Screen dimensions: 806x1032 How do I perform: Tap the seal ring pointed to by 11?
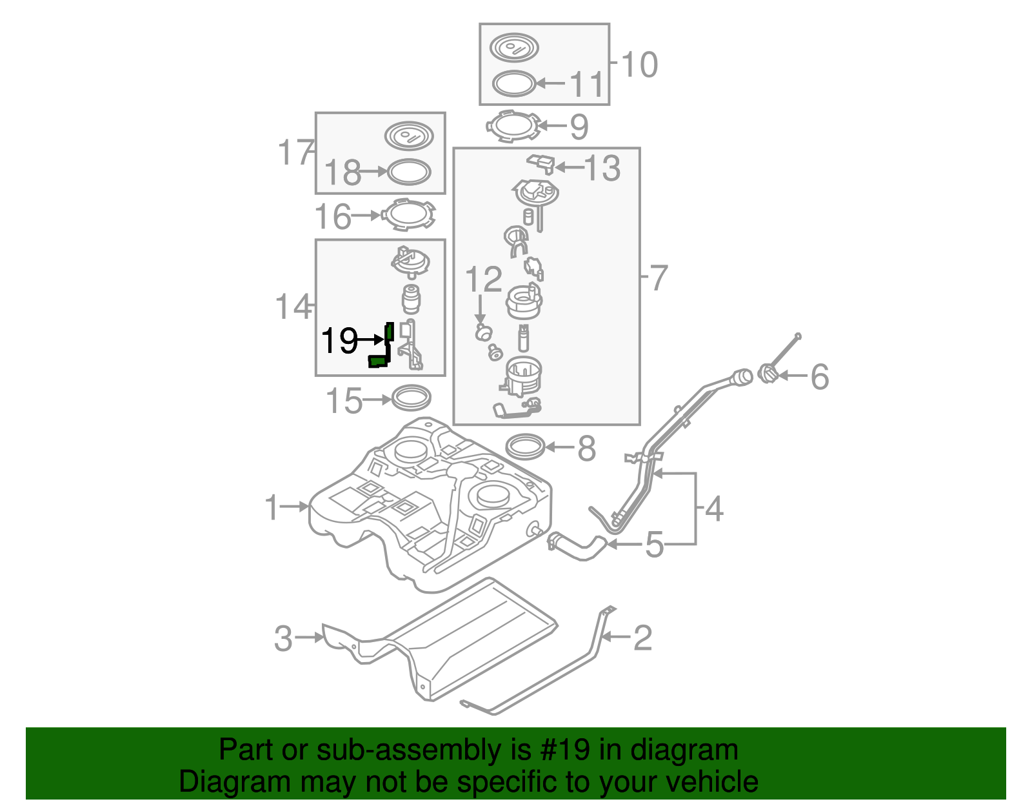[514, 84]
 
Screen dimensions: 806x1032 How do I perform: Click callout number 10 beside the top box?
[639, 65]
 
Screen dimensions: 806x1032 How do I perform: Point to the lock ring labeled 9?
[513, 127]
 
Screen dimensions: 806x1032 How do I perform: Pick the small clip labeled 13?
[541, 163]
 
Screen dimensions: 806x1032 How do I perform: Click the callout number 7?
[658, 278]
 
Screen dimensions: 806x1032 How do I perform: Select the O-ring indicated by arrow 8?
[525, 446]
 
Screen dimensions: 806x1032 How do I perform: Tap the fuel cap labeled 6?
[768, 374]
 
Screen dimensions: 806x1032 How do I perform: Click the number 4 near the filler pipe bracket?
[713, 509]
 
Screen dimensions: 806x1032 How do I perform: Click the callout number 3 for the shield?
[283, 638]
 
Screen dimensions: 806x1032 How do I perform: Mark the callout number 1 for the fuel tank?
[272, 507]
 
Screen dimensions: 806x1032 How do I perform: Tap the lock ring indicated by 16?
[408, 215]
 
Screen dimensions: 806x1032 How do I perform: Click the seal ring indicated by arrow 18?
[408, 172]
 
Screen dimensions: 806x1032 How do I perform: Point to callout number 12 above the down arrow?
[483, 279]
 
